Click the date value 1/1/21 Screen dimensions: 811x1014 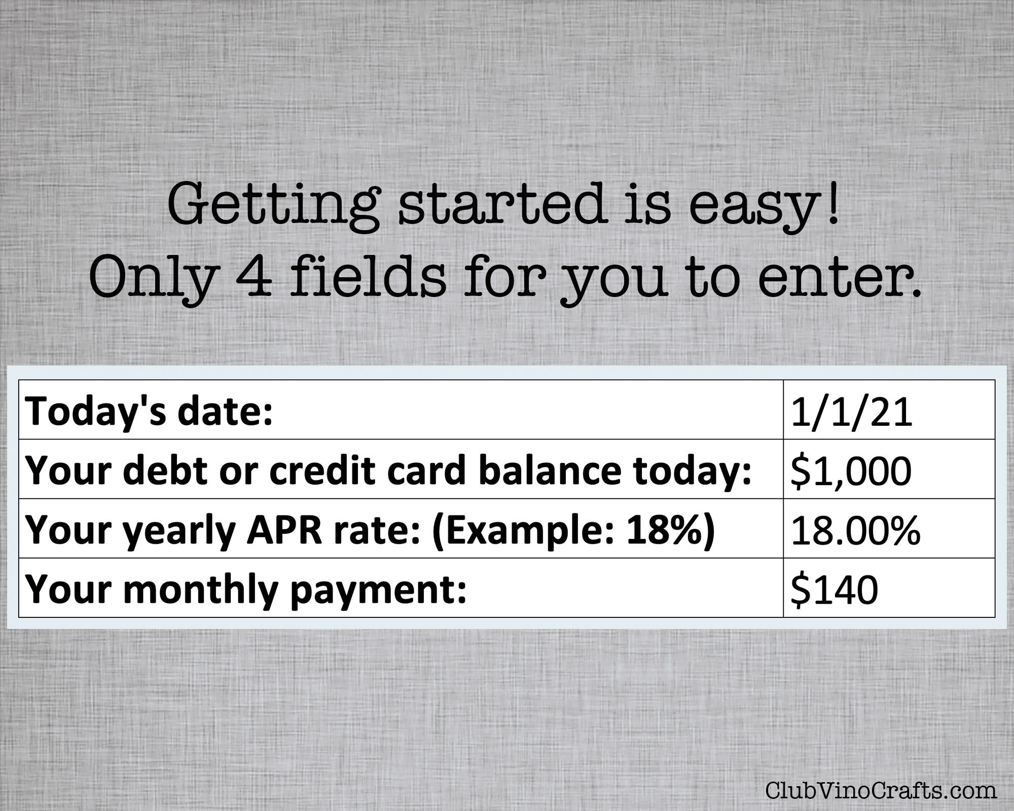(851, 412)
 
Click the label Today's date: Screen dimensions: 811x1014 (149, 411)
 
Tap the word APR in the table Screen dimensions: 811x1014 (277, 530)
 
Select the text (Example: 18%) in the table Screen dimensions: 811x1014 (572, 530)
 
